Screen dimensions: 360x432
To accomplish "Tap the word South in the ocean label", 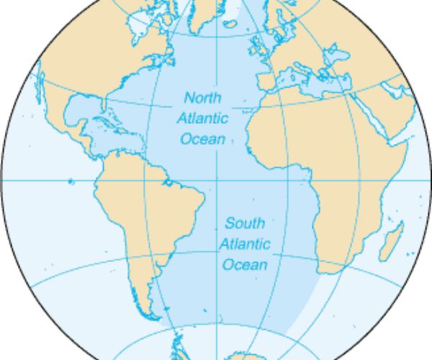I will tap(244, 222).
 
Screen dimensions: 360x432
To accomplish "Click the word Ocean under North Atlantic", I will tap(202, 139).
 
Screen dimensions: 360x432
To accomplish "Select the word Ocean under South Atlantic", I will tap(244, 265).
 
